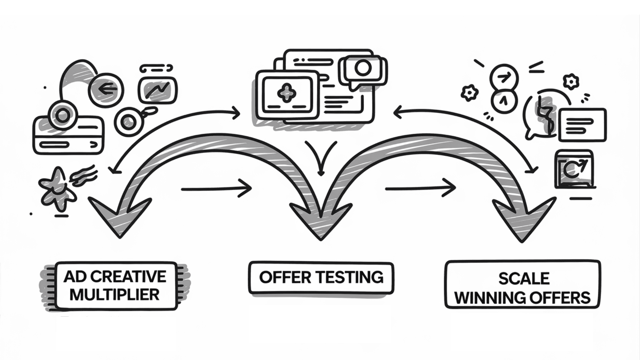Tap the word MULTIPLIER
114,295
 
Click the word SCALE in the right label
524,279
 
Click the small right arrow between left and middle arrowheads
216,189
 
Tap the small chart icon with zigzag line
157,90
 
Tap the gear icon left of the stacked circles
470,93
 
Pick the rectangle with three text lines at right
582,125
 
